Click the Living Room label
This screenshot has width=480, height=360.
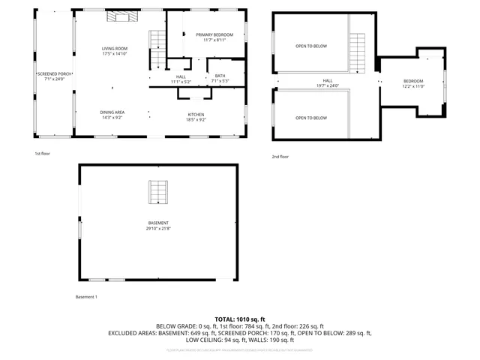pyautogui.click(x=114, y=51)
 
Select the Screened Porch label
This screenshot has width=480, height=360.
pyautogui.click(x=54, y=76)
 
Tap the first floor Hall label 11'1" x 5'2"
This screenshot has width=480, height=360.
pyautogui.click(x=181, y=78)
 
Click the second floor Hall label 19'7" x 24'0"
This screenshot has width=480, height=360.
pyautogui.click(x=328, y=82)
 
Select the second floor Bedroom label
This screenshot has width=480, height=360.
pyautogui.click(x=413, y=83)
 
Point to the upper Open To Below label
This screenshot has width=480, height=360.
pyautogui.click(x=310, y=46)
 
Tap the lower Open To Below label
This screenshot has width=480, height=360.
pyautogui.click(x=310, y=118)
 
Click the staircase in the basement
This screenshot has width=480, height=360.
pyautogui.click(x=157, y=192)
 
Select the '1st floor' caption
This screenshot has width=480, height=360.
pyautogui.click(x=42, y=153)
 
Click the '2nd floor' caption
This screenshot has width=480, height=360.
pyautogui.click(x=280, y=157)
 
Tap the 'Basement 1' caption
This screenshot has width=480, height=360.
pyautogui.click(x=87, y=297)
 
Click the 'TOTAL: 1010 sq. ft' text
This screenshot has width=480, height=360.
pyautogui.click(x=239, y=319)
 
